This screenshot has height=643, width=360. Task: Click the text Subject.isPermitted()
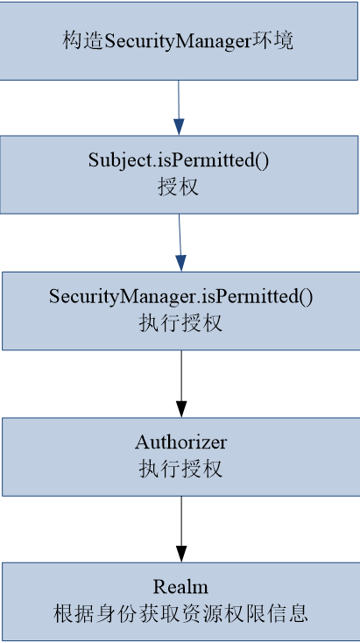(x=180, y=160)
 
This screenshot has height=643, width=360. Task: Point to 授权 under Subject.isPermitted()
(x=180, y=187)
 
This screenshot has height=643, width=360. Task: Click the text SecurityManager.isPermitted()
(x=180, y=296)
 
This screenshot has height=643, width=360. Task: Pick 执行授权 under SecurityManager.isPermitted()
(x=180, y=322)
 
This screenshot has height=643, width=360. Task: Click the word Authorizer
(x=180, y=442)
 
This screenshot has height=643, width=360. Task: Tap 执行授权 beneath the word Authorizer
(x=180, y=468)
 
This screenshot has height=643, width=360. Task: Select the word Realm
(x=180, y=586)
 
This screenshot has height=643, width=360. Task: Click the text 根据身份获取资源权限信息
(x=180, y=612)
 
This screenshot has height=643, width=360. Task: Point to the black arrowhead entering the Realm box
(x=181, y=554)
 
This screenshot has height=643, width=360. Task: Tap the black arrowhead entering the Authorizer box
(x=181, y=409)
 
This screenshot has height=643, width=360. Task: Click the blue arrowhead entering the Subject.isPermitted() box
(x=180, y=128)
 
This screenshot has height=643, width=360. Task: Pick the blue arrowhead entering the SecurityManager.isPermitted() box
(x=180, y=263)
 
